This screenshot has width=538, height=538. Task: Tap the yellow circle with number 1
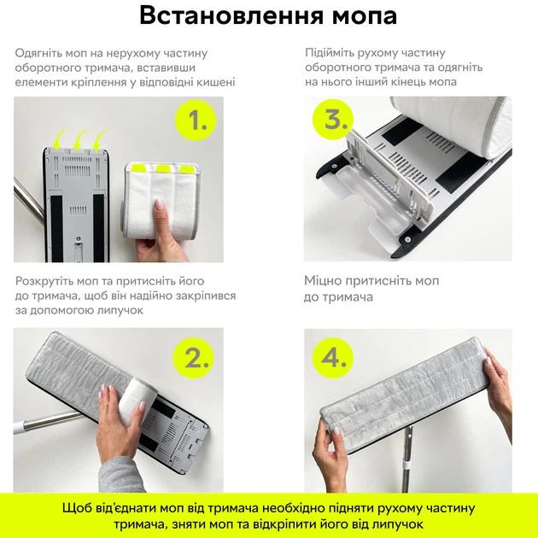[x=197, y=121]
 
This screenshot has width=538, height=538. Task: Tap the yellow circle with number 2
[x=197, y=357]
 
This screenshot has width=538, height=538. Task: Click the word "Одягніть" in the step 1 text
[x=42, y=53]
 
